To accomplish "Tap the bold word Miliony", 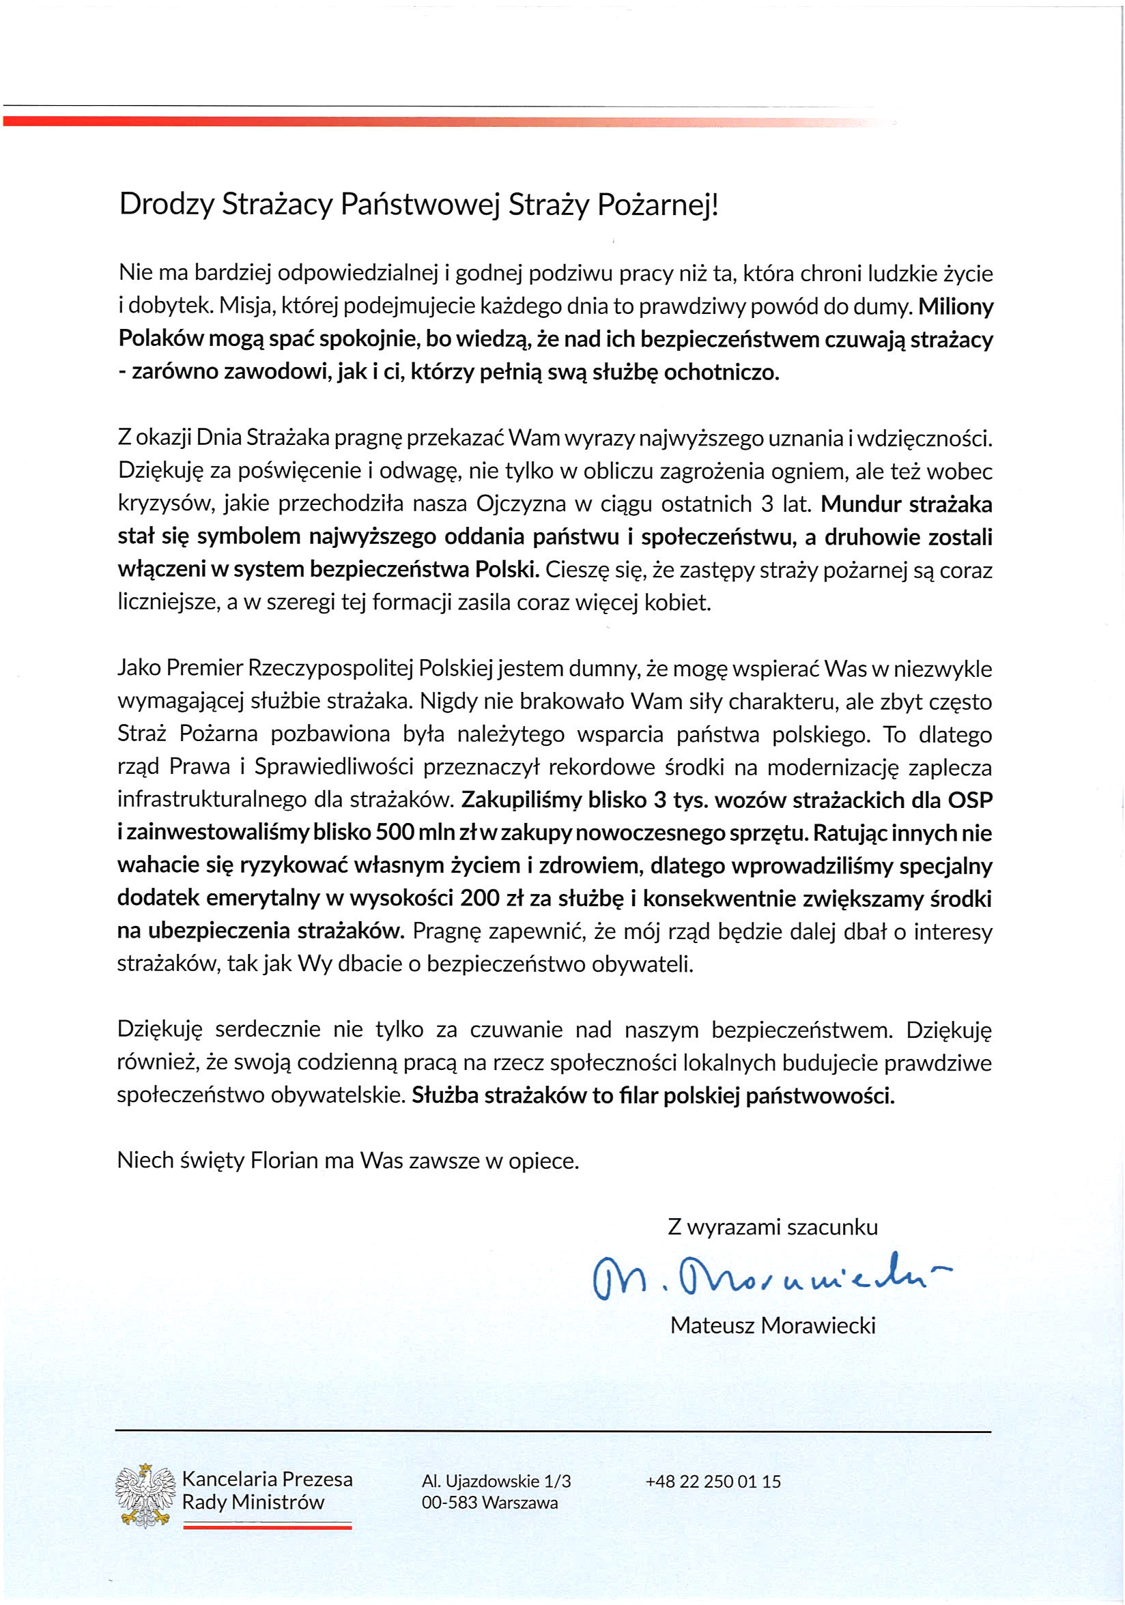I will click(955, 306).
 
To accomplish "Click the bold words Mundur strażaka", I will click(906, 504).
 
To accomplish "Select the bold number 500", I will click(395, 833).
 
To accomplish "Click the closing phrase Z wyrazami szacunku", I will click(773, 1227).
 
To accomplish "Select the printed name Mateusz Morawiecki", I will click(773, 1325).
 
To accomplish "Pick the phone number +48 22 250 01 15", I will click(713, 1481).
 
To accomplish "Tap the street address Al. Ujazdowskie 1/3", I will click(496, 1481).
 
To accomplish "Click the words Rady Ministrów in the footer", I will click(253, 1502).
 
